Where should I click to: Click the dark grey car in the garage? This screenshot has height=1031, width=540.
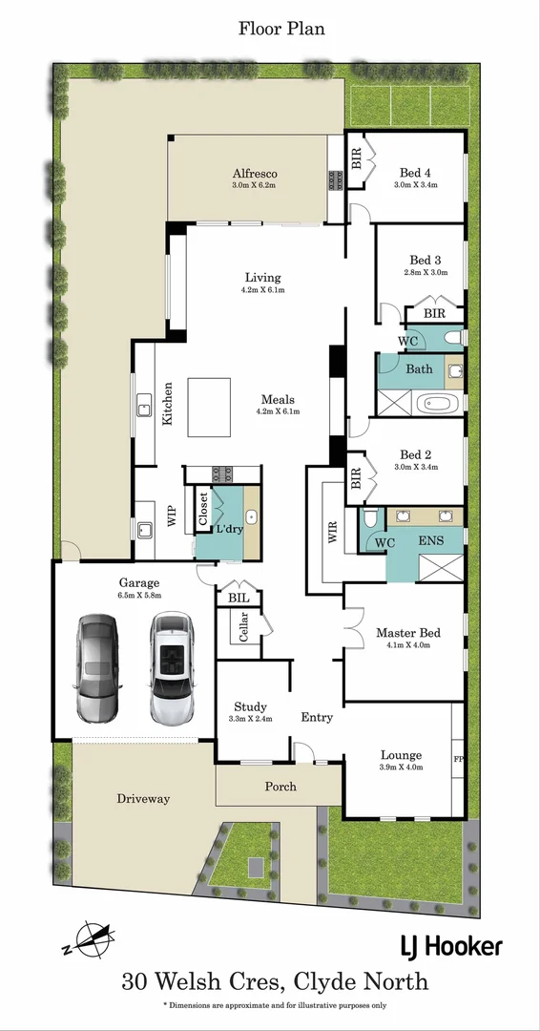tap(96, 669)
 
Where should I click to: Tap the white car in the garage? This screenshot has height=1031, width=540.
tap(172, 668)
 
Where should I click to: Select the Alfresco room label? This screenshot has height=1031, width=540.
tap(255, 173)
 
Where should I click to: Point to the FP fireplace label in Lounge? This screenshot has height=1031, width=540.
tap(458, 761)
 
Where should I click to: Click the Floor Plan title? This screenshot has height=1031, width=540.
tap(281, 29)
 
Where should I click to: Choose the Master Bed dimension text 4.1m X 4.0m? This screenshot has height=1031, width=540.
tap(408, 645)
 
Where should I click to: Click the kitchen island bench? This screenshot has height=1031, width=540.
tap(209, 408)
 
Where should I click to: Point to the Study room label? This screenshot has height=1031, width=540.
tap(251, 707)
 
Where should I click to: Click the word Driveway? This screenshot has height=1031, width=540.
tap(143, 798)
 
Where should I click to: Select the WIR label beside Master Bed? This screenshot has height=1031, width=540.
tap(333, 532)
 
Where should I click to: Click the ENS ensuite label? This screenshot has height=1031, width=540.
tap(430, 540)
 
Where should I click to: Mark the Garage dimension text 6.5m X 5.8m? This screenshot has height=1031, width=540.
tap(139, 595)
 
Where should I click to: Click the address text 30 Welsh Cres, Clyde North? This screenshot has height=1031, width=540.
tap(274, 980)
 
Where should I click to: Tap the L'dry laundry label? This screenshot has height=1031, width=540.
tap(228, 528)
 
